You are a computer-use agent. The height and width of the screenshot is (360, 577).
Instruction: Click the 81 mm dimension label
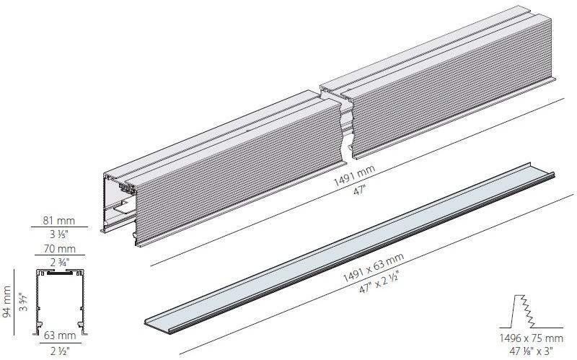tap(59, 221)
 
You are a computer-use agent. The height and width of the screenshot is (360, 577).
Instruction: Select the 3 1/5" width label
tap(59, 234)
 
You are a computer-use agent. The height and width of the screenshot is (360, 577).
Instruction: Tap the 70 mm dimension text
tap(60, 249)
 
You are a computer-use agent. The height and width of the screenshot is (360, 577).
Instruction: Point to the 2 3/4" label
tap(60, 262)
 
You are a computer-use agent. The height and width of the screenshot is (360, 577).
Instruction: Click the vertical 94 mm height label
tap(6, 302)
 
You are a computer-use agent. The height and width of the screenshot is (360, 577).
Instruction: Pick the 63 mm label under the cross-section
tap(60, 335)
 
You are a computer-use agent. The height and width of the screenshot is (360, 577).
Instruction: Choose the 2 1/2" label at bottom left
tap(60, 351)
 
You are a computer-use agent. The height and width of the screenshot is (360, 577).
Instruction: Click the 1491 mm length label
tap(354, 176)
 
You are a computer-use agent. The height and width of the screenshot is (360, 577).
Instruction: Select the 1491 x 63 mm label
tap(374, 268)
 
